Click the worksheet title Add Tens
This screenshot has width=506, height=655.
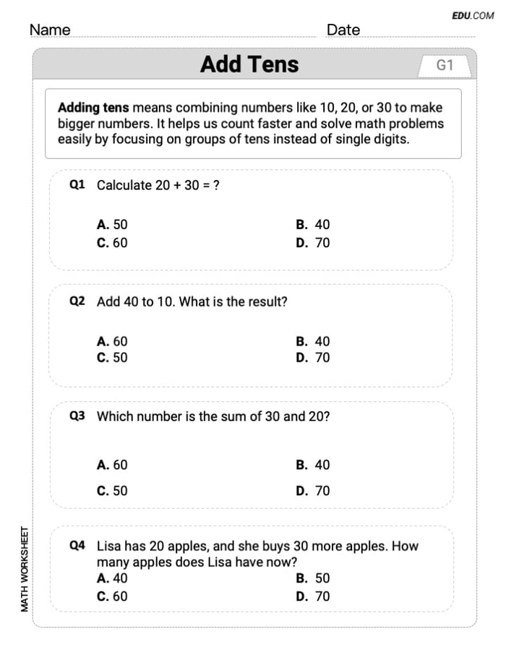click(x=249, y=64)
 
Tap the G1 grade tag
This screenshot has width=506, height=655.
click(x=445, y=66)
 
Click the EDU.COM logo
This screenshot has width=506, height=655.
click(x=473, y=15)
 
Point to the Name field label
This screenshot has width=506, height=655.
click(x=50, y=30)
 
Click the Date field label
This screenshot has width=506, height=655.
click(x=343, y=30)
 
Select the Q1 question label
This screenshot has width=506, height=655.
click(x=77, y=185)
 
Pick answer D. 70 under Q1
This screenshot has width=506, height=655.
click(x=312, y=243)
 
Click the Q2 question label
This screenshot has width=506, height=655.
click(x=77, y=301)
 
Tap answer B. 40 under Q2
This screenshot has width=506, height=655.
click(x=312, y=341)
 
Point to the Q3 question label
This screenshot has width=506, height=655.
click(x=77, y=416)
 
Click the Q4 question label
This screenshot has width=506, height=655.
click(x=77, y=546)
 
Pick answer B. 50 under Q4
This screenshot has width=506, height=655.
click(x=312, y=578)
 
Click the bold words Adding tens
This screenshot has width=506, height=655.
click(x=93, y=108)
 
